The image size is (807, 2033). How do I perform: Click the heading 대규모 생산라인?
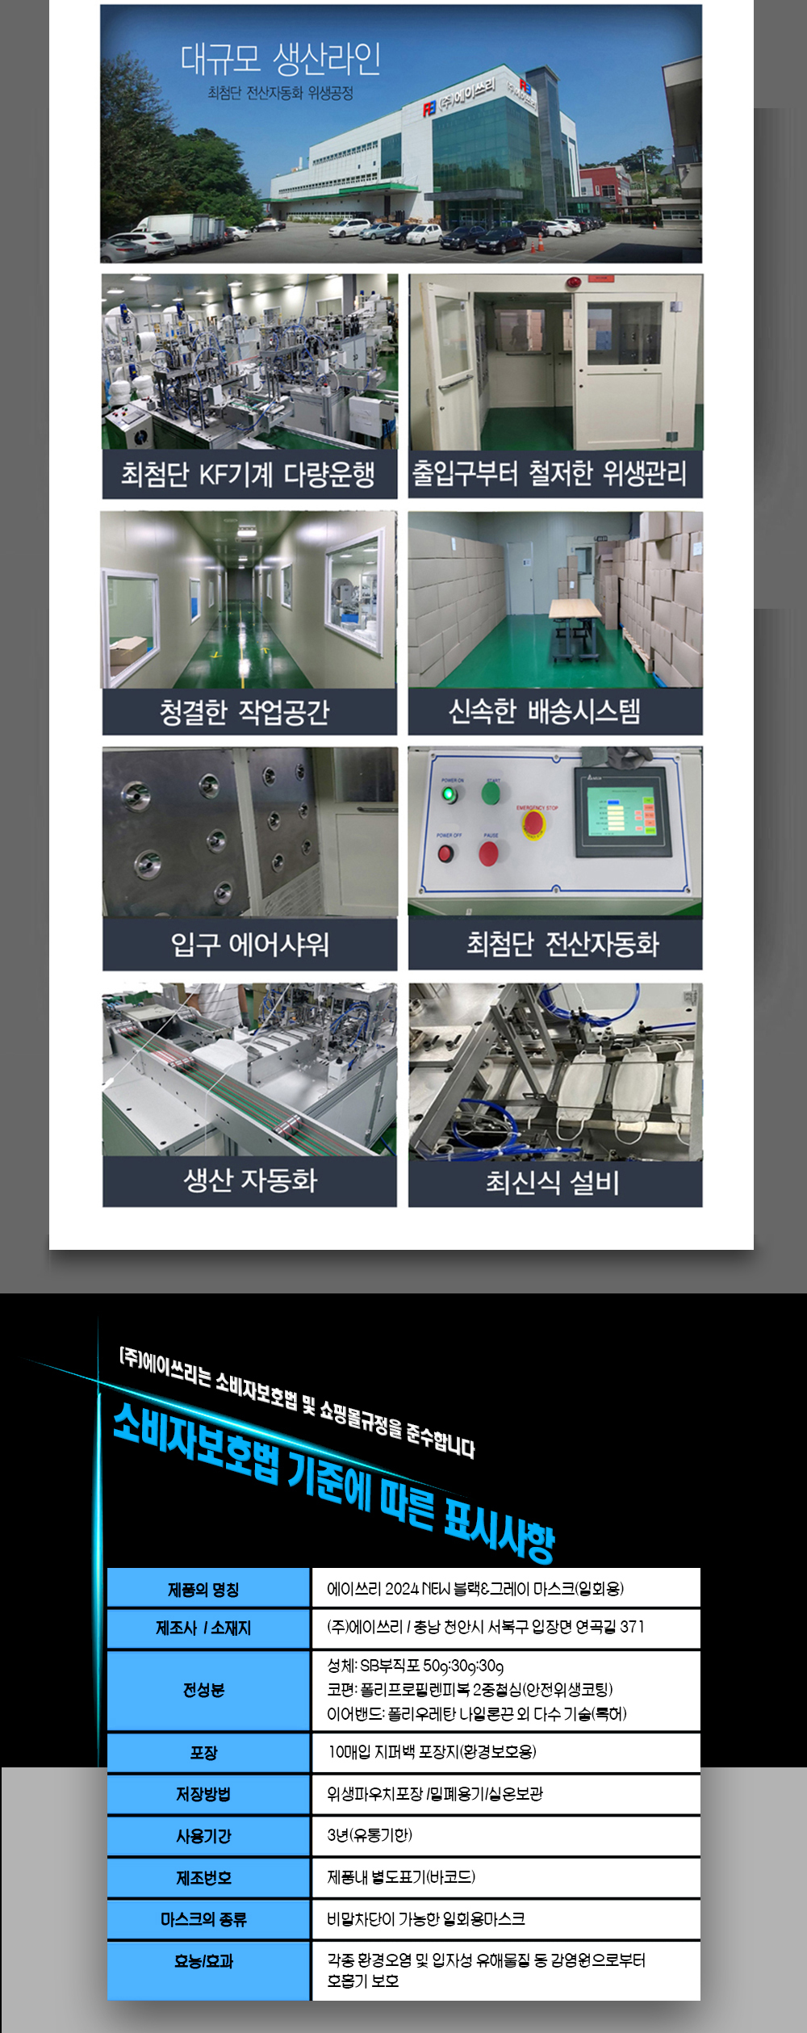coord(280,57)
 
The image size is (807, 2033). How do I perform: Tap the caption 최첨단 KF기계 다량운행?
coord(248,474)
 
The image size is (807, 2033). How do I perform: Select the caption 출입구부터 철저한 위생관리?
coord(550,473)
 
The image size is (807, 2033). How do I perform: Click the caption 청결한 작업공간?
coord(245,711)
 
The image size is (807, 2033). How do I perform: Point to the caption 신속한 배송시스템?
coord(545,711)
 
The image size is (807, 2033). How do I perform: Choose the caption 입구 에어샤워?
coord(249,944)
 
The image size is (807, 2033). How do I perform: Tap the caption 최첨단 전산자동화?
coord(562,943)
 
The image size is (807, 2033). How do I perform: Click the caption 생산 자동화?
coord(250,1180)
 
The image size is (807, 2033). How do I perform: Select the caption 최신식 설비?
coord(553,1183)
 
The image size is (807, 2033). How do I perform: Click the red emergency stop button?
coord(533,823)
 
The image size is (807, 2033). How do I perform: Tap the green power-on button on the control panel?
coord(449,794)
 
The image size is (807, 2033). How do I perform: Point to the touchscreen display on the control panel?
coord(622,812)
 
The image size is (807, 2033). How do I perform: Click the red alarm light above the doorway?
coord(575,283)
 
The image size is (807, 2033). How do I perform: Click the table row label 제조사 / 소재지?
coord(203,1628)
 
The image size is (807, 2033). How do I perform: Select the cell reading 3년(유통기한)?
coord(370,1835)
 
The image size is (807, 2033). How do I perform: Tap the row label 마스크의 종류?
coord(203,1919)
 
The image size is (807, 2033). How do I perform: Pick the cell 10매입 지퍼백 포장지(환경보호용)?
coord(432,1751)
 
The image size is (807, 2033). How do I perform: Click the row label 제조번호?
coord(203,1878)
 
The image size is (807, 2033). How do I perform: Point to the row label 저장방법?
coord(203,1794)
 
